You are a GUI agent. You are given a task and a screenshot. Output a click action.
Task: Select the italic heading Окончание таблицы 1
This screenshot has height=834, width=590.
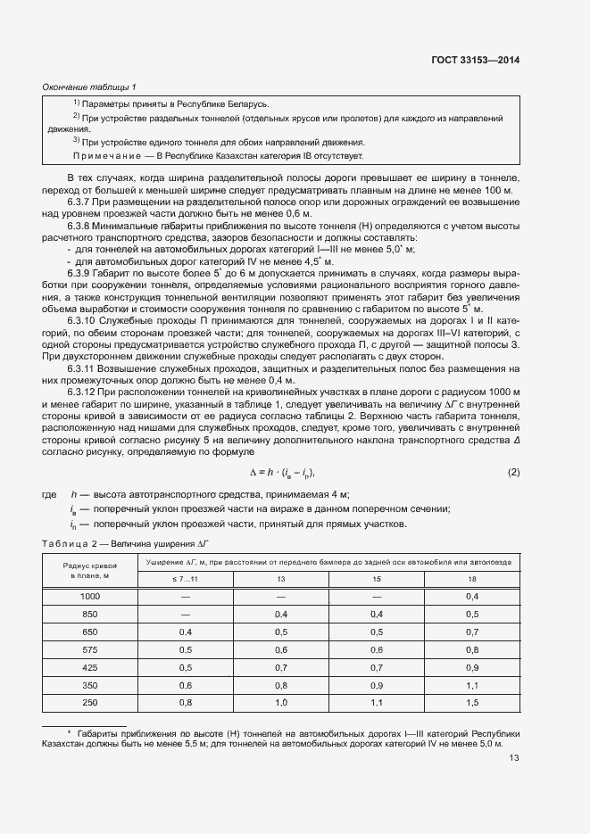click(x=89, y=87)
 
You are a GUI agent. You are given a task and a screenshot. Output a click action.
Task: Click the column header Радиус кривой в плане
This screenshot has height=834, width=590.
click(x=90, y=569)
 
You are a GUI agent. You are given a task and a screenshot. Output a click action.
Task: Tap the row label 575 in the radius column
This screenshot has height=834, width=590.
click(x=90, y=649)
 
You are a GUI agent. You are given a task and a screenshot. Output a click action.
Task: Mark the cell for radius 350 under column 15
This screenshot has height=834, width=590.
click(x=375, y=685)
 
